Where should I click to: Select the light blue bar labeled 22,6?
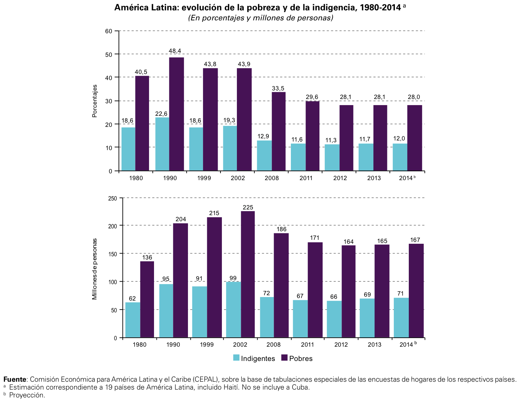pos(162,144)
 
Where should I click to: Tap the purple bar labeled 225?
pos(248,274)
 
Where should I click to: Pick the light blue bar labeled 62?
pos(133,320)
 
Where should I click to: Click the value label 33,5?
pos(279,88)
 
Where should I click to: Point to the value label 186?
pos(282,229)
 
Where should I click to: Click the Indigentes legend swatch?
pos(236,358)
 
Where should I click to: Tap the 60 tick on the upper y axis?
pos(109,31)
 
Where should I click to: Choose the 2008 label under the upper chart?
pos(272,178)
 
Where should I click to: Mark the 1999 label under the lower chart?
pos(207,345)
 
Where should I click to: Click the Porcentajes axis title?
pos(95,101)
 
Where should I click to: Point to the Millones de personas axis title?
pos(95,269)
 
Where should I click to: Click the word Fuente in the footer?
pos(15,379)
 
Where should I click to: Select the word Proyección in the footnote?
pos(27,395)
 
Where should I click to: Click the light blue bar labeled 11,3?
pos(332,157)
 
